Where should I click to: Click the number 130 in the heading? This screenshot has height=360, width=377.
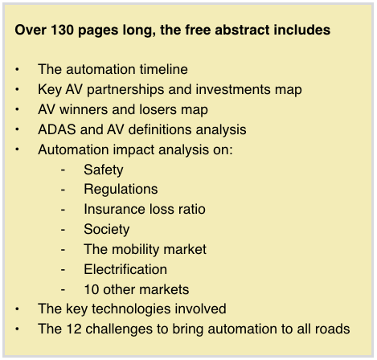pos(62,30)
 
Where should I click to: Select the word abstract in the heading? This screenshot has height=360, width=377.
pos(242,30)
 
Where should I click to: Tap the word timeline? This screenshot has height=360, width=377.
pos(164,69)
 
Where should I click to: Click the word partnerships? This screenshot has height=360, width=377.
pos(125,90)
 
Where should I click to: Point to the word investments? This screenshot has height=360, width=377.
pos(233,89)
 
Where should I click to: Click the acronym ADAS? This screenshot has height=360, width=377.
pos(57,129)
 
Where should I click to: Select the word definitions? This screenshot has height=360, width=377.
pos(160,129)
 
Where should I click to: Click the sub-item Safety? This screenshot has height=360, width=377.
pos(104,170)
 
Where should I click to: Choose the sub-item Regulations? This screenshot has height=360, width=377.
pos(121,190)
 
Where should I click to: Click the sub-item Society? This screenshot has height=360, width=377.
pos(107,230)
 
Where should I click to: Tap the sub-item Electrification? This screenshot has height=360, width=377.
pos(125,269)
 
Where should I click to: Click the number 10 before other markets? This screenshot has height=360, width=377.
pos(92,289)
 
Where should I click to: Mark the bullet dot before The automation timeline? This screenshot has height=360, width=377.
pos(17,69)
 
